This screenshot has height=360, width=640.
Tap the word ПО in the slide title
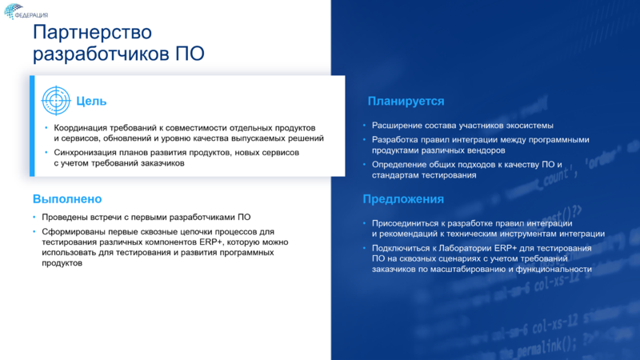pyautogui.click(x=190, y=54)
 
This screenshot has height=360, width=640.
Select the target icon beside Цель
pyautogui.click(x=55, y=101)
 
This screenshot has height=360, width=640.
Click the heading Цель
pyautogui.click(x=91, y=102)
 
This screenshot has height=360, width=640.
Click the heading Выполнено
pyautogui.click(x=67, y=198)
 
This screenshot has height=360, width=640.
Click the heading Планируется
pyautogui.click(x=406, y=102)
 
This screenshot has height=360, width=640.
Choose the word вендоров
pyautogui.click(x=482, y=150)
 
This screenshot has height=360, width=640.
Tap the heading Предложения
pyautogui.click(x=403, y=199)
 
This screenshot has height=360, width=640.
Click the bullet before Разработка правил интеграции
pyautogui.click(x=364, y=139)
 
